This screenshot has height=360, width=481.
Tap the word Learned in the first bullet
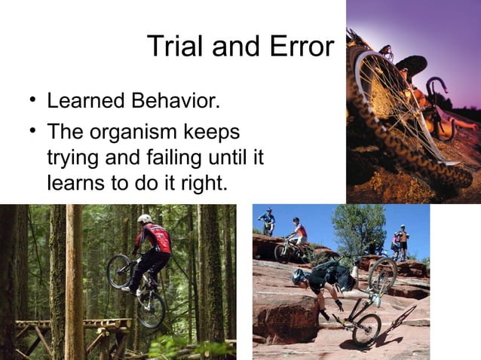coord(81,100)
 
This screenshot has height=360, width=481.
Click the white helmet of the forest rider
coord(145,218)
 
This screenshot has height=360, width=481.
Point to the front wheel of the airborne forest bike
coord(118,270)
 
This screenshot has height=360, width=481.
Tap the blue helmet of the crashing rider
coord(299,276)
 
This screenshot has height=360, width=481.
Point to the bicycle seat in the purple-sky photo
coord(412,65)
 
